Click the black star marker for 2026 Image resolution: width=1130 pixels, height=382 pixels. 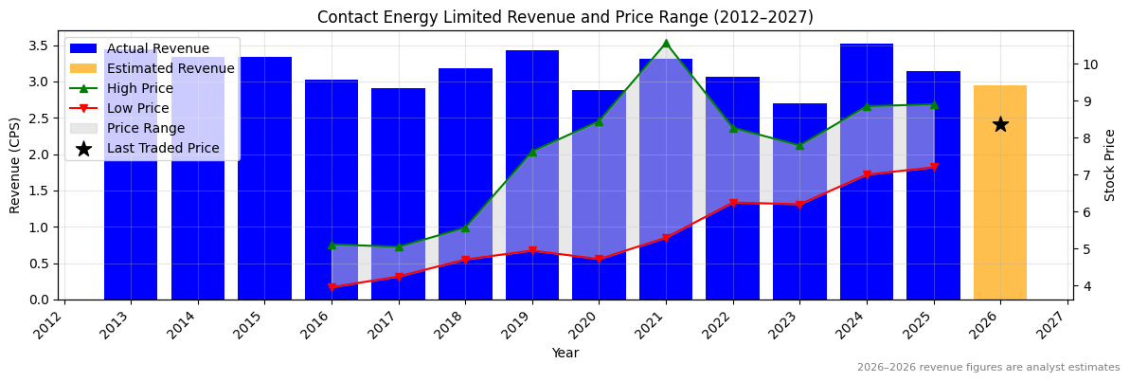click(1000, 124)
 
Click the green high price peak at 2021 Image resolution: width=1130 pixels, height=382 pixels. click(666, 43)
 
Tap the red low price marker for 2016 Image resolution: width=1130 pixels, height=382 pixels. click(332, 287)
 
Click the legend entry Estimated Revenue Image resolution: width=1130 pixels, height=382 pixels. click(170, 68)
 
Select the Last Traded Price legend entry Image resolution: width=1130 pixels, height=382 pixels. click(162, 148)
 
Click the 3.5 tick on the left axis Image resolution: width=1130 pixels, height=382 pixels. click(40, 45)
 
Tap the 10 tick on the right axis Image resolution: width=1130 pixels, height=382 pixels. click(1089, 64)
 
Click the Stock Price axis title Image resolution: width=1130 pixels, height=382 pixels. click(1111, 165)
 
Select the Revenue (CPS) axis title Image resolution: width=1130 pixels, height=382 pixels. click(15, 165)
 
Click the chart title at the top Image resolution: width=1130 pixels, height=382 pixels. click(565, 17)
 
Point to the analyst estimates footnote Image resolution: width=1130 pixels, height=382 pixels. click(988, 368)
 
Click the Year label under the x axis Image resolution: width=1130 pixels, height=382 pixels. click(565, 353)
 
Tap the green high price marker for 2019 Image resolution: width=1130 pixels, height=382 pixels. click(532, 152)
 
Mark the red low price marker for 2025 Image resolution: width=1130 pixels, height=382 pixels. click(934, 168)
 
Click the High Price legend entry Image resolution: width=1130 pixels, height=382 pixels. click(139, 88)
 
